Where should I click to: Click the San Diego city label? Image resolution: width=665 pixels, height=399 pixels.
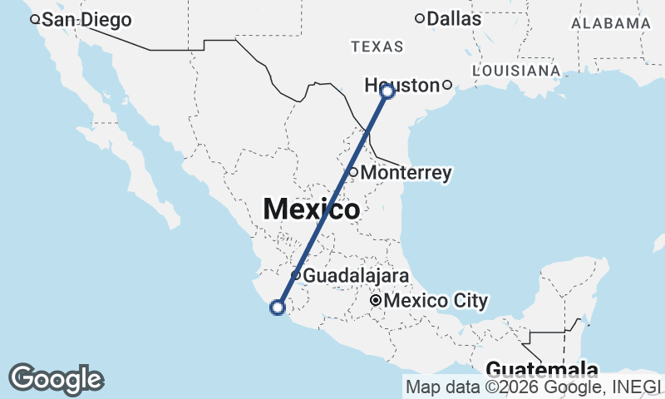pos(86,20)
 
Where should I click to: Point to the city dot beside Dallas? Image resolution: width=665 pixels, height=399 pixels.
pos(420,18)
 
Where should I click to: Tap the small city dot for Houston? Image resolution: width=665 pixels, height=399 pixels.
pos(446,85)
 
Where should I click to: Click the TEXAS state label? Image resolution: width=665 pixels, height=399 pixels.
pos(377,47)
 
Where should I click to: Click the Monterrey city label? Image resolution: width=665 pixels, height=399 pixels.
pos(407,173)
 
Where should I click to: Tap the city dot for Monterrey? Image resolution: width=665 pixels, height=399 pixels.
pos(352,172)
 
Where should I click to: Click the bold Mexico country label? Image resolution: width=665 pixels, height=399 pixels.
pos(312,209)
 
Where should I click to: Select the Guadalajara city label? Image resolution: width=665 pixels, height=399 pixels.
pos(355,275)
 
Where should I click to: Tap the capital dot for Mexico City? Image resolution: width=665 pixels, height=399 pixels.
pos(376,300)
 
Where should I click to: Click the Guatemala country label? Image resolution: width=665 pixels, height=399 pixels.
pos(542,369)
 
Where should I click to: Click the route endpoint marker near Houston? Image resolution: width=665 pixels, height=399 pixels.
pos(387,91)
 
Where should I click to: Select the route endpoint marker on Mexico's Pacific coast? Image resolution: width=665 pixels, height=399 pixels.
pos(278,308)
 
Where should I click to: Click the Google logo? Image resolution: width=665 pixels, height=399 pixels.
pos(57,379)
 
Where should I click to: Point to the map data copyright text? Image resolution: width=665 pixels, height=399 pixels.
pos(533,386)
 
